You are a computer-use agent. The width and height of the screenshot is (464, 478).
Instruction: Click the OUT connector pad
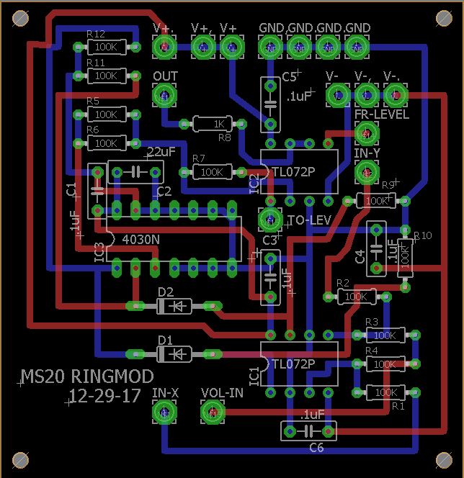pyautogui.click(x=165, y=95)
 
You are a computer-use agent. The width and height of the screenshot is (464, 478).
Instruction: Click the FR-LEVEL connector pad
pyautogui.click(x=367, y=132)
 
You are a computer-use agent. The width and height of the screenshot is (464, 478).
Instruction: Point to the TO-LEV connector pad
pyautogui.click(x=270, y=219)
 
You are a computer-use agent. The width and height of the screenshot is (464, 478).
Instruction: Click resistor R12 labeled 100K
pyautogui.click(x=106, y=47)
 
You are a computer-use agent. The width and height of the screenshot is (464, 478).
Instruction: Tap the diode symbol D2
pyautogui.click(x=174, y=306)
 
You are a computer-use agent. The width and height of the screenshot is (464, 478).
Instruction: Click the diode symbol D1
pyautogui.click(x=174, y=353)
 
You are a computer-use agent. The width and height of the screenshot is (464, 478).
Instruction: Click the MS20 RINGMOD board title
pyautogui.click(x=87, y=376)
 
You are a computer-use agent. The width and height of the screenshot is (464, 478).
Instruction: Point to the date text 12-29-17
pyautogui.click(x=104, y=395)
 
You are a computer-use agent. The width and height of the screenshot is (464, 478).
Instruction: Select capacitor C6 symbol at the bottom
pyautogui.click(x=308, y=431)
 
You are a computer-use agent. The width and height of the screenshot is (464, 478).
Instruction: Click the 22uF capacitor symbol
pyautogui.click(x=135, y=172)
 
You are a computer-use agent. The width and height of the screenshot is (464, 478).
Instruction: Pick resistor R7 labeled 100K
pyautogui.click(x=213, y=172)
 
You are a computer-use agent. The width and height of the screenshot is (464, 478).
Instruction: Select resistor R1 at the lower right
pyautogui.click(x=386, y=392)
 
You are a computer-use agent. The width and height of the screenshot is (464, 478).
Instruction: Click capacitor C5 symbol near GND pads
pyautogui.click(x=270, y=105)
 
